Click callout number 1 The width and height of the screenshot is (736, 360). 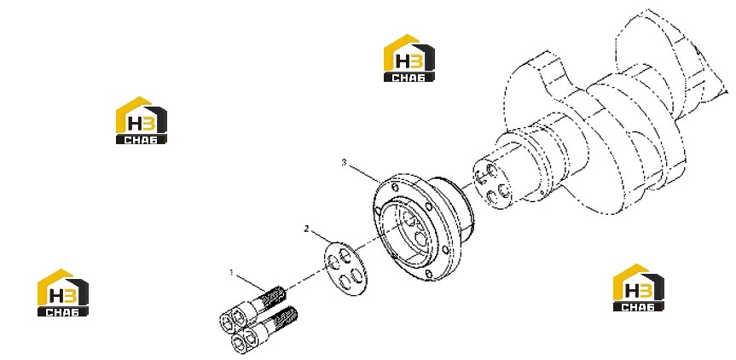[231, 272]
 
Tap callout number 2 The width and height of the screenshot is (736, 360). [306, 229]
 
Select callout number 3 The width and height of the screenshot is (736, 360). [344, 162]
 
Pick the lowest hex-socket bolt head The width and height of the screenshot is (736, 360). [241, 344]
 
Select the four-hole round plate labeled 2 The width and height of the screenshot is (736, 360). [346, 269]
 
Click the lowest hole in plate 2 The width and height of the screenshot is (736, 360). [345, 282]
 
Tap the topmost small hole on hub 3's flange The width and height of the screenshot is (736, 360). [395, 189]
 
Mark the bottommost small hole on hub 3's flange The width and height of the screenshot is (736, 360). [428, 273]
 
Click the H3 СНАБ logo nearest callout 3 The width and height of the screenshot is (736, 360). [409, 58]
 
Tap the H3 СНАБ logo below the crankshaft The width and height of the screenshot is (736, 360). [639, 287]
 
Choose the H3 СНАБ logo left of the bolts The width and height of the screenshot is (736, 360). [63, 293]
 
